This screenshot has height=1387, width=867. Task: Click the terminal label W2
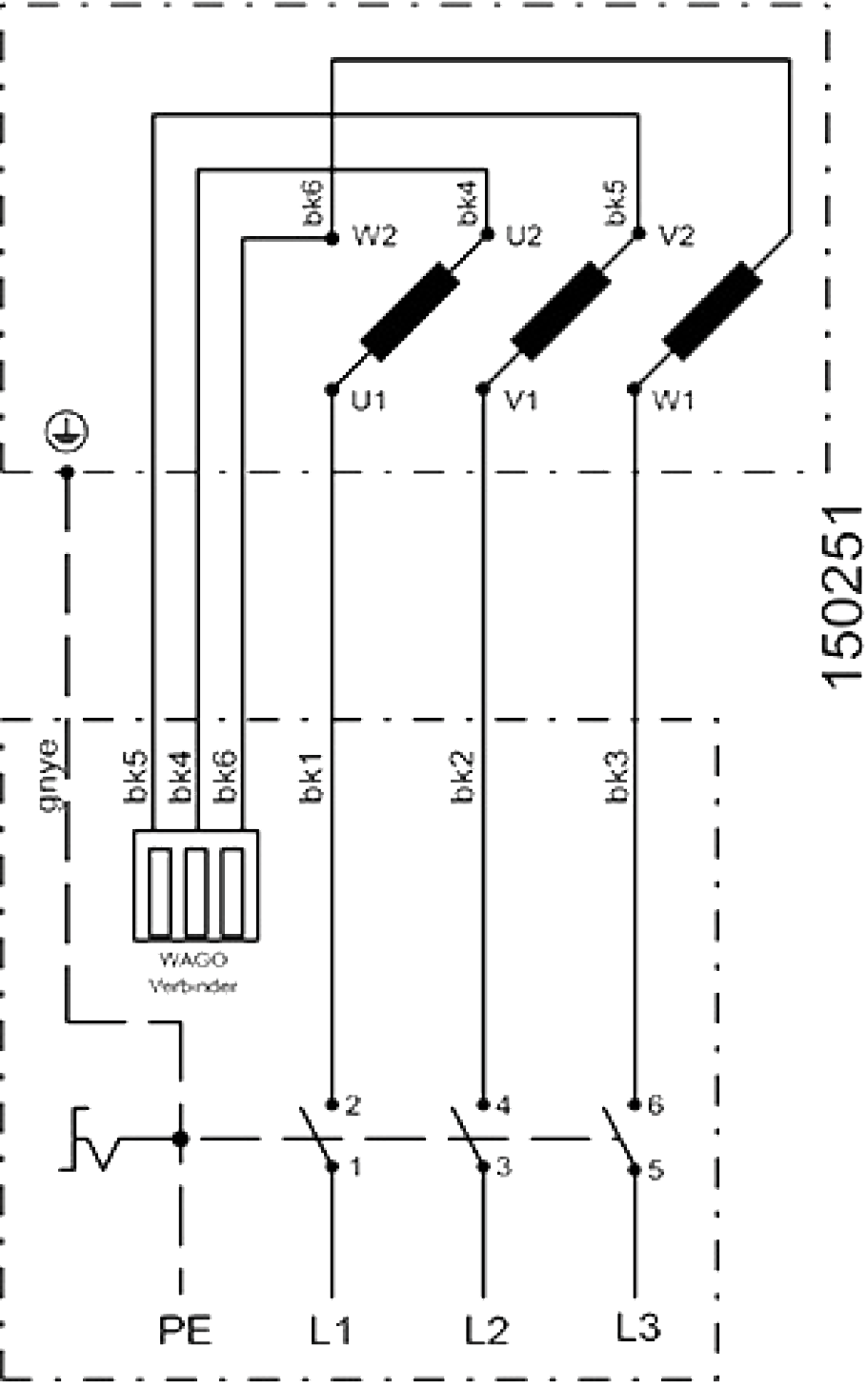click(374, 235)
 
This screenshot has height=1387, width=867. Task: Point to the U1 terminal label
click(370, 401)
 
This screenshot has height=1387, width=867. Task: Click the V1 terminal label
click(521, 401)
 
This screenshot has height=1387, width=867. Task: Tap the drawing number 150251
click(841, 594)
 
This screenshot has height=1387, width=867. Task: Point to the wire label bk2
click(465, 778)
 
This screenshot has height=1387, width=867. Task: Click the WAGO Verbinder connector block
click(196, 884)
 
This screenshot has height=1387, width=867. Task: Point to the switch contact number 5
click(655, 1170)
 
